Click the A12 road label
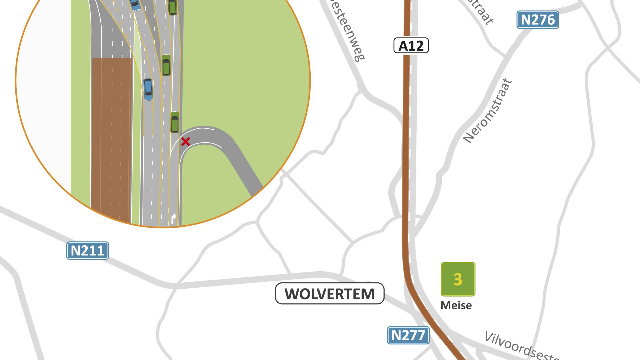(411, 46)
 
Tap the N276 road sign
(537, 20)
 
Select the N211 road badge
(88, 250)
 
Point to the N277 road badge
(408, 335)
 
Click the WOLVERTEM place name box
(329, 294)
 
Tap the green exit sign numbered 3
(458, 279)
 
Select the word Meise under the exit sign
(456, 305)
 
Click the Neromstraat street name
(488, 111)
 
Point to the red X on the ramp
(185, 142)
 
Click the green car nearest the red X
(175, 122)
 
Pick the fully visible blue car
(148, 89)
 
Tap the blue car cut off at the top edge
(135, 4)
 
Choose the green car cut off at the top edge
(172, 7)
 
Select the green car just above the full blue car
(166, 65)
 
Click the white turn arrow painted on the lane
(173, 218)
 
